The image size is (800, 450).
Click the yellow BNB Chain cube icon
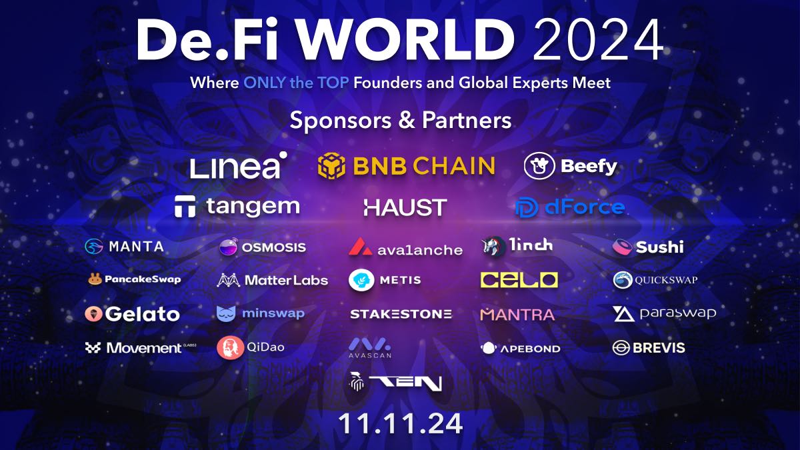331,166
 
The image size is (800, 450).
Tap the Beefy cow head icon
539,166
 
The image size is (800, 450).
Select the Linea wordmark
238,165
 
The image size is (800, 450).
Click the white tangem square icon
185,207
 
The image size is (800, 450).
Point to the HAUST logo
405,207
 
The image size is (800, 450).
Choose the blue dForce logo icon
527,207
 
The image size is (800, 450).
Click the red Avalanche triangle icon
361,247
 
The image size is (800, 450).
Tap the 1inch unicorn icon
493,247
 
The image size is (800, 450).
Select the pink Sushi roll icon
623,247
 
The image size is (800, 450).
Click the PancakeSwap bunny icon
95,279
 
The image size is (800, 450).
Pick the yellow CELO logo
519,280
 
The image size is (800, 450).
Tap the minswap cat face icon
226,313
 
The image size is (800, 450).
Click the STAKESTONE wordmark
401,314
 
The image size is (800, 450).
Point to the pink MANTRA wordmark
517,315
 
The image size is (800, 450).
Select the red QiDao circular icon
228,347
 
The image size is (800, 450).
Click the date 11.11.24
401,423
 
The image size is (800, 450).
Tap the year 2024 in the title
598,39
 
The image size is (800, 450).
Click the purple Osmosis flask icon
228,247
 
